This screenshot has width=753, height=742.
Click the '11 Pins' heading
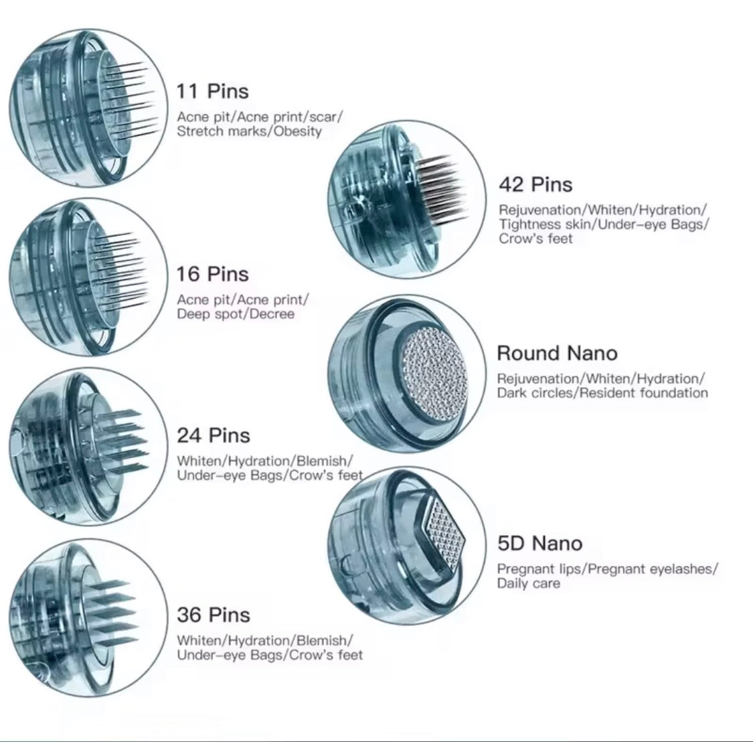click(x=212, y=91)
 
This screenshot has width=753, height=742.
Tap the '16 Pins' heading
click(x=212, y=275)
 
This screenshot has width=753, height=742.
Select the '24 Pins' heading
click(x=214, y=435)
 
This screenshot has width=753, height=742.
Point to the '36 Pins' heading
click(x=214, y=615)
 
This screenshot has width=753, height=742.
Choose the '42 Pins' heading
click(x=535, y=185)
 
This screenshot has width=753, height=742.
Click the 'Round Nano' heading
click(x=557, y=353)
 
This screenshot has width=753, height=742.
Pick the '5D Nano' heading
click(x=539, y=544)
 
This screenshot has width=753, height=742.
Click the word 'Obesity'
click(x=298, y=132)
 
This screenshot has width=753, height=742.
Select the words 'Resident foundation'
click(x=643, y=393)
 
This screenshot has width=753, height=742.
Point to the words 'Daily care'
click(x=528, y=583)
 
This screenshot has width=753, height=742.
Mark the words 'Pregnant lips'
click(x=539, y=569)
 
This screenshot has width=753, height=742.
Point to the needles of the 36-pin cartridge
click(x=111, y=613)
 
